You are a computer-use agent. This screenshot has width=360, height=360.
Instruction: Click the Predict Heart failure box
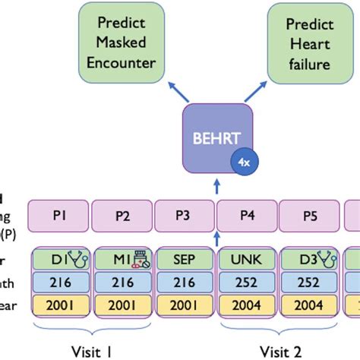303,43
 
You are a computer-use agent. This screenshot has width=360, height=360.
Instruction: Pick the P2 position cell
122,215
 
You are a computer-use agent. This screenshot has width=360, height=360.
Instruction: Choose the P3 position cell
185,215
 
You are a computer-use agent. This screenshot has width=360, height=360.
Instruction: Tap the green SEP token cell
185,259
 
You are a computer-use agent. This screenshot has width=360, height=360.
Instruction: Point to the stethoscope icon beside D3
327,258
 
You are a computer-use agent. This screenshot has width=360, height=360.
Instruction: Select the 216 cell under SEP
185,283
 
